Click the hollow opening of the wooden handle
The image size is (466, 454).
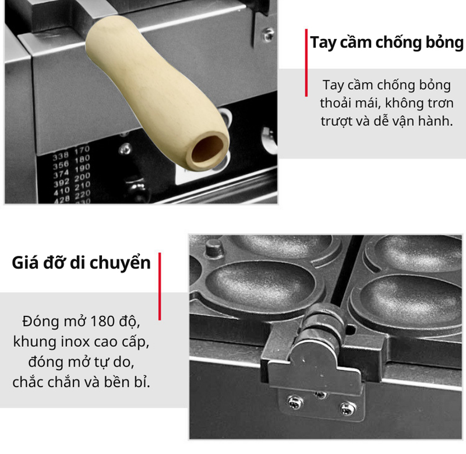point(206,149)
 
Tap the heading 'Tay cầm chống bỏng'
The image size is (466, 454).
point(386,43)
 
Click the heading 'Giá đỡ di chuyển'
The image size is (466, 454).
point(82,262)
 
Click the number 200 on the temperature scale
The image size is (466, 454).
point(83,175)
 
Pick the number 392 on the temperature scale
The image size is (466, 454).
point(61,182)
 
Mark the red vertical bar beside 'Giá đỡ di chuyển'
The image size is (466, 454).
point(160,286)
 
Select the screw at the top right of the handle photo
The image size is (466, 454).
point(268,34)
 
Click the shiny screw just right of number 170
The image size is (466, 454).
point(124,149)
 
